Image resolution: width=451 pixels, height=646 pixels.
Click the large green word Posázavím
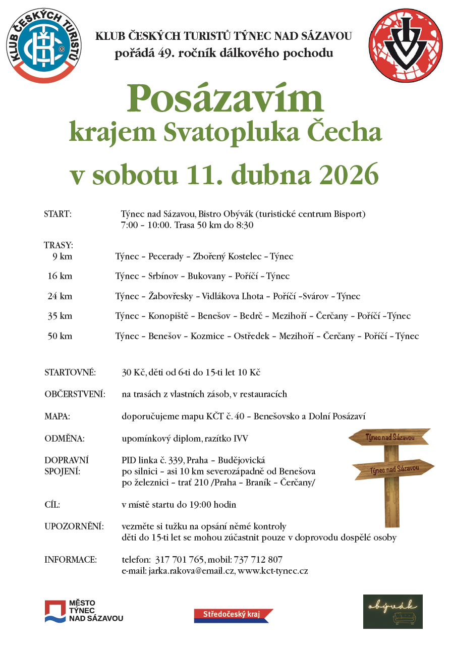point(225,99)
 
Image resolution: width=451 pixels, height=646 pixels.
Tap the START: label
point(58,214)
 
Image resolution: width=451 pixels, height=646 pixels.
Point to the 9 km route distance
point(62,256)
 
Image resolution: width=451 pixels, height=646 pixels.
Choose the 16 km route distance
point(60,276)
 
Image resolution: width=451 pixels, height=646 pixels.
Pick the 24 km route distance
point(60,296)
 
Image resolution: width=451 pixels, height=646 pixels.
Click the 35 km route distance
point(60,316)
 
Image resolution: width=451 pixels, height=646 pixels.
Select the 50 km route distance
point(60,336)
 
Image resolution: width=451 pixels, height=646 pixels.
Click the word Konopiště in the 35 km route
point(168,316)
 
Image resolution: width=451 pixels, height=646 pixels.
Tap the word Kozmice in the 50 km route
point(207,336)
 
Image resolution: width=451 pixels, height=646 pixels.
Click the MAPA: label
point(57,417)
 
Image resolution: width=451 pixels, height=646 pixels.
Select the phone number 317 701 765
point(180,560)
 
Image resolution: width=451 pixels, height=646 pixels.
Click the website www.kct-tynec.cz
point(273,571)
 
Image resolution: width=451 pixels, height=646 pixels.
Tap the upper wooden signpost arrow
point(389,438)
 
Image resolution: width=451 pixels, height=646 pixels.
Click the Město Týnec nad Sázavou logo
point(84,611)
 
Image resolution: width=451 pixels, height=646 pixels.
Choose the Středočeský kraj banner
point(233,615)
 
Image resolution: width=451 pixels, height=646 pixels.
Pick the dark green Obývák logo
point(393,611)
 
